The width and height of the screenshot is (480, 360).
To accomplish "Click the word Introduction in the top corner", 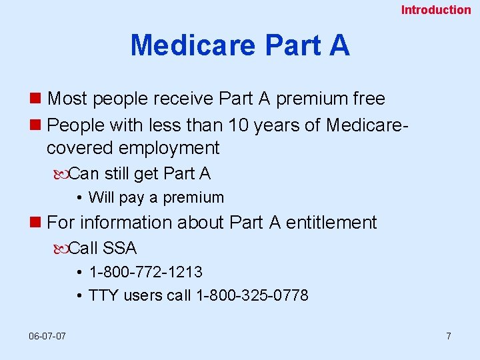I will pos(435,9).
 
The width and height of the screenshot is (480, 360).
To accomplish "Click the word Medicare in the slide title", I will pos(193,45).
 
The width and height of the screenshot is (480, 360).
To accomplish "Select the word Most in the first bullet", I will pos(68,99).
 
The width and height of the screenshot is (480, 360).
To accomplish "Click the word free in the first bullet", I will pos(369,99).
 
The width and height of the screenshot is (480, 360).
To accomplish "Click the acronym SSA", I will pos(120,248).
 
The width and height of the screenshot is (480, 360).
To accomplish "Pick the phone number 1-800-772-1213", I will pos(145,272).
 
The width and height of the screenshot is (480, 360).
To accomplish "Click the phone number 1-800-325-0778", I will pos(251,295).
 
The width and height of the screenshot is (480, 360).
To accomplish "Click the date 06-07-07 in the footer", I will pos(47,336).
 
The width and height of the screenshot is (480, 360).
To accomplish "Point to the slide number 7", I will pos(448,336).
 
